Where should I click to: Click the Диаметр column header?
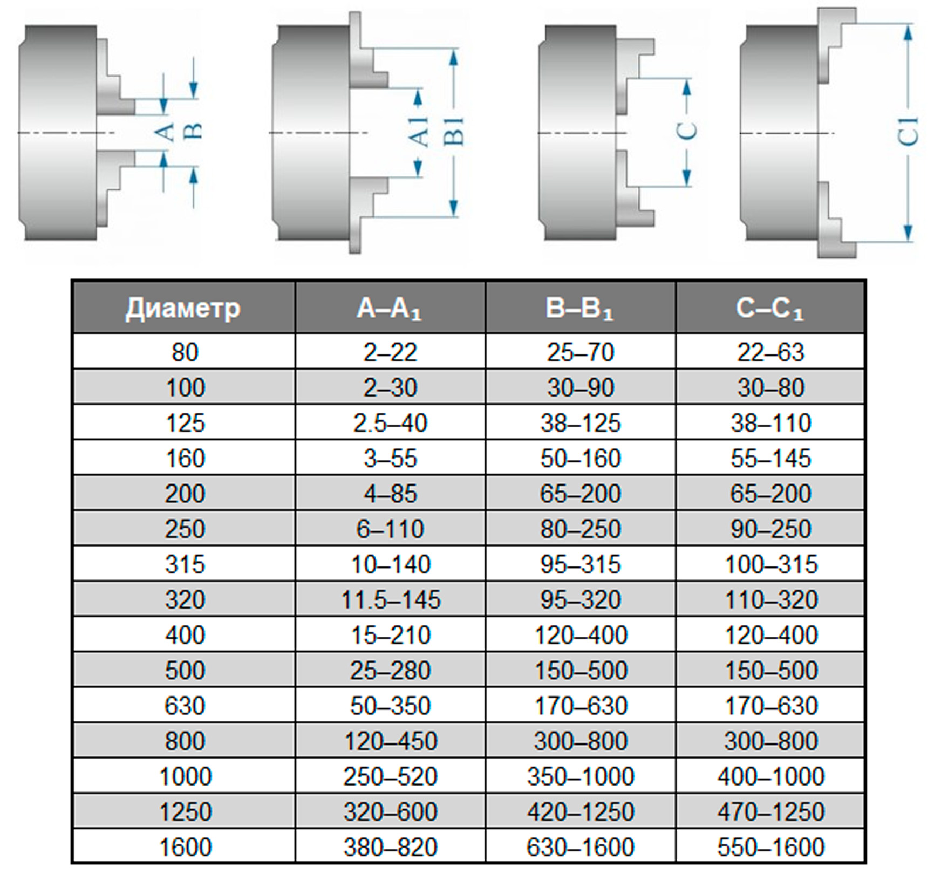click(x=183, y=308)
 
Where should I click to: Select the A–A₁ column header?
click(x=390, y=308)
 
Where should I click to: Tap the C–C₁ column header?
click(x=770, y=308)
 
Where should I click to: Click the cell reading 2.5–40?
click(x=390, y=423)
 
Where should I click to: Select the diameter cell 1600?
click(x=185, y=847)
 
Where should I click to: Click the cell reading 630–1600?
click(x=580, y=847)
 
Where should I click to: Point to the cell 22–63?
click(x=770, y=352)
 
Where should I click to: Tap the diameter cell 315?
click(x=185, y=564)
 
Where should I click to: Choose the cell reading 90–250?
click(x=770, y=529)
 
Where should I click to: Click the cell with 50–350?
click(x=390, y=706)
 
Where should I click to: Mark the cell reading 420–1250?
click(x=580, y=811)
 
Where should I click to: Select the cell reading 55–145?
click(x=770, y=458)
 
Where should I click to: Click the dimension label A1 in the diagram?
click(x=419, y=132)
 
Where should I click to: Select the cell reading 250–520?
click(x=390, y=776)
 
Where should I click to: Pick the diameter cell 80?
click(x=185, y=352)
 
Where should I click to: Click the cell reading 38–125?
click(x=580, y=423)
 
